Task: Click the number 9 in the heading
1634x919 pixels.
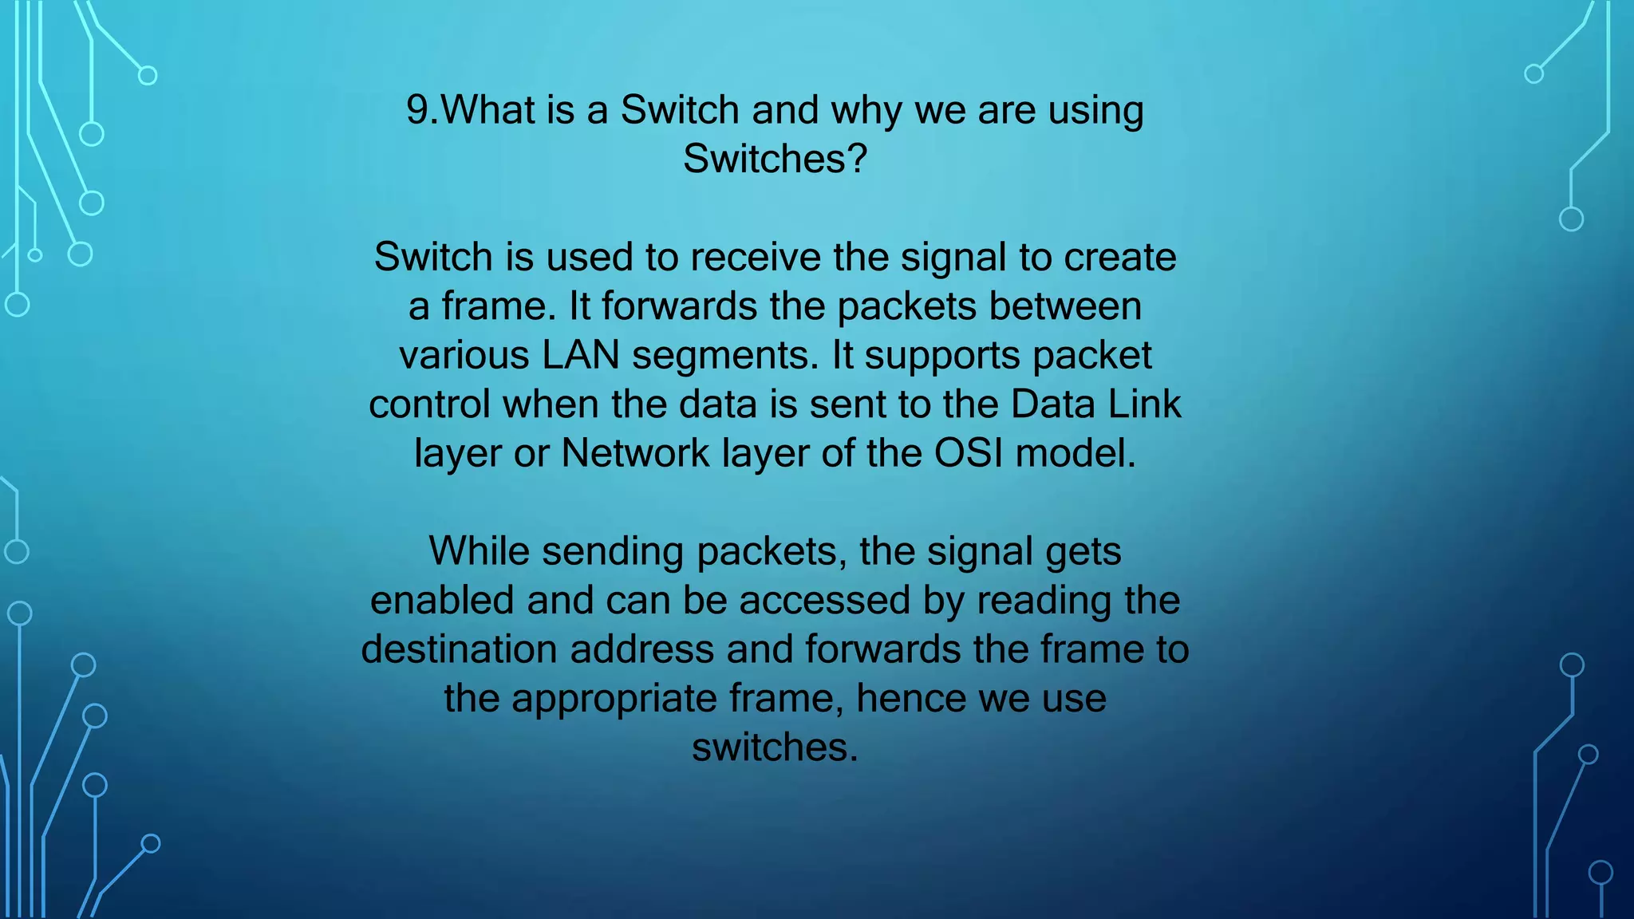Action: pos(419,110)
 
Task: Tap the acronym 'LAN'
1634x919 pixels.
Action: pos(581,356)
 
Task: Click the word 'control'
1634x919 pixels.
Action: pos(429,404)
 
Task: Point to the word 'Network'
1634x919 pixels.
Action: pos(635,454)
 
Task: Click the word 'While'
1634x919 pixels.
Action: pos(479,551)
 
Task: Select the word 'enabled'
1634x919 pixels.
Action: pos(442,601)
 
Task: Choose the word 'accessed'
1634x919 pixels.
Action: pos(824,601)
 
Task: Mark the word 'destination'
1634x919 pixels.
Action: pos(459,649)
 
